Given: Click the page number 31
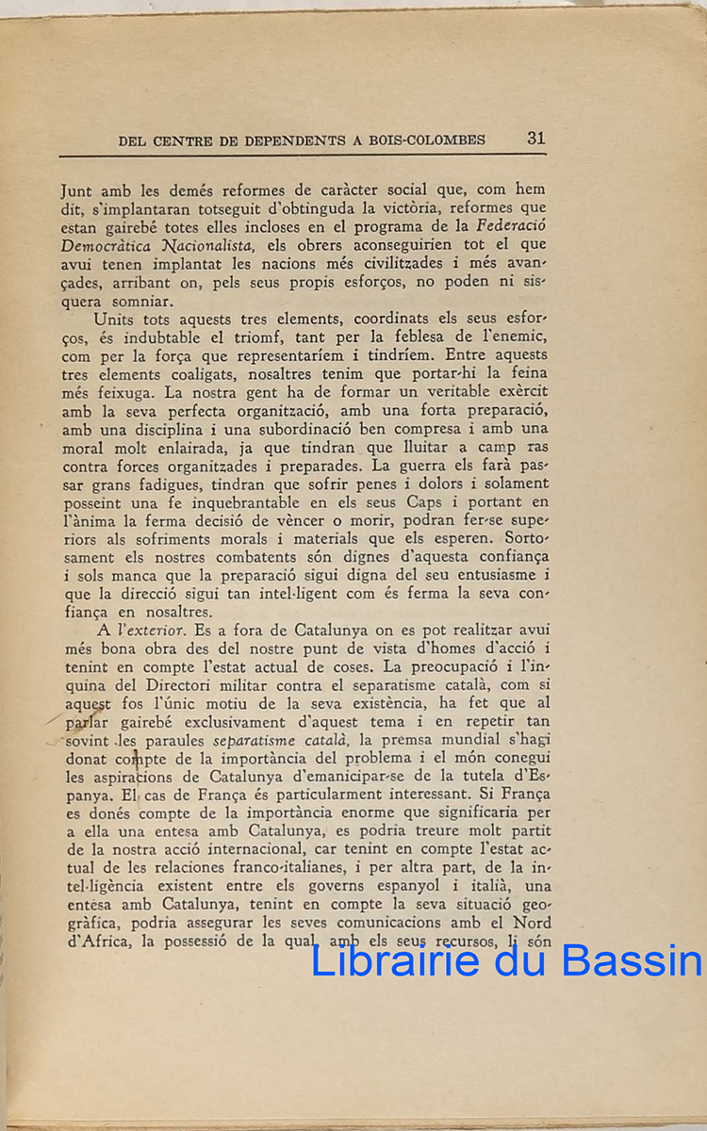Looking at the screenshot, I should click(x=535, y=138).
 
